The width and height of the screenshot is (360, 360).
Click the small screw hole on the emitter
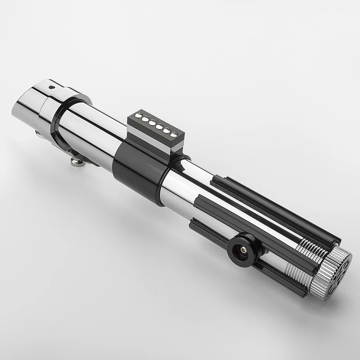coord(51,87)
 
